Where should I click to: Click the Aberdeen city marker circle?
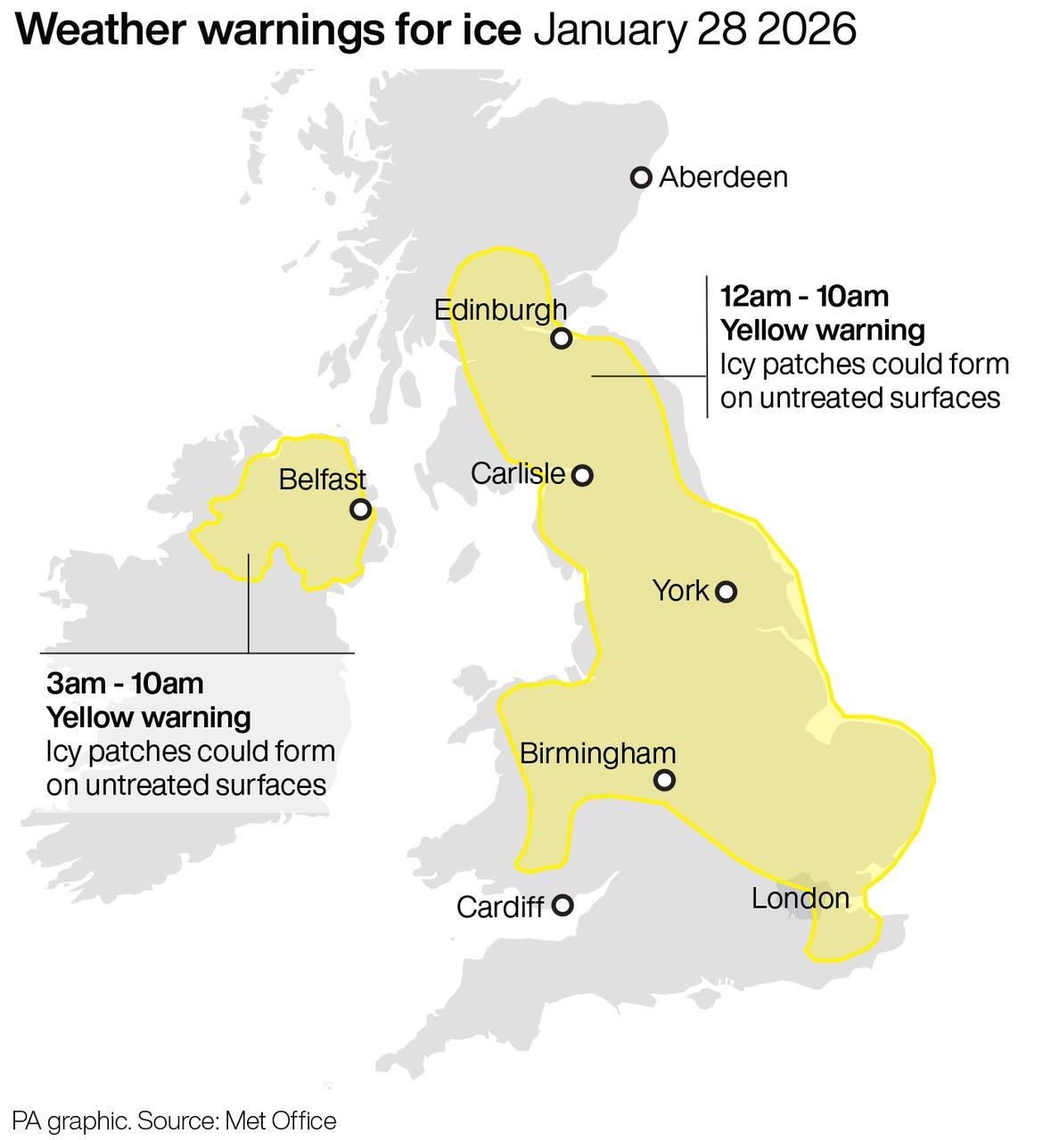point(640,177)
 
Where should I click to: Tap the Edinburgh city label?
point(500,310)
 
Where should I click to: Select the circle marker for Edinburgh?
point(561,339)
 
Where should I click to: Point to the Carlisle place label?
point(517,473)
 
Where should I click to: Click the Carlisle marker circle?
point(582,475)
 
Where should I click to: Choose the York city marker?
point(727,591)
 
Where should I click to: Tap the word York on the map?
point(680,590)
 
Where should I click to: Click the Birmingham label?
point(597,754)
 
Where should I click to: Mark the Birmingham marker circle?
point(664,781)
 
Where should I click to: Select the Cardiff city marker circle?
point(562,906)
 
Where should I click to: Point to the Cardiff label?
point(499,907)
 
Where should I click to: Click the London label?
point(800,898)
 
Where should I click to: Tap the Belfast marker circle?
point(360,509)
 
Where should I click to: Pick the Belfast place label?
point(322,480)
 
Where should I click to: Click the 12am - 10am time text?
point(804,297)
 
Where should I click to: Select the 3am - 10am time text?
point(125,684)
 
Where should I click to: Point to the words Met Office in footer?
point(281,1120)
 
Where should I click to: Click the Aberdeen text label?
point(723,177)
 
